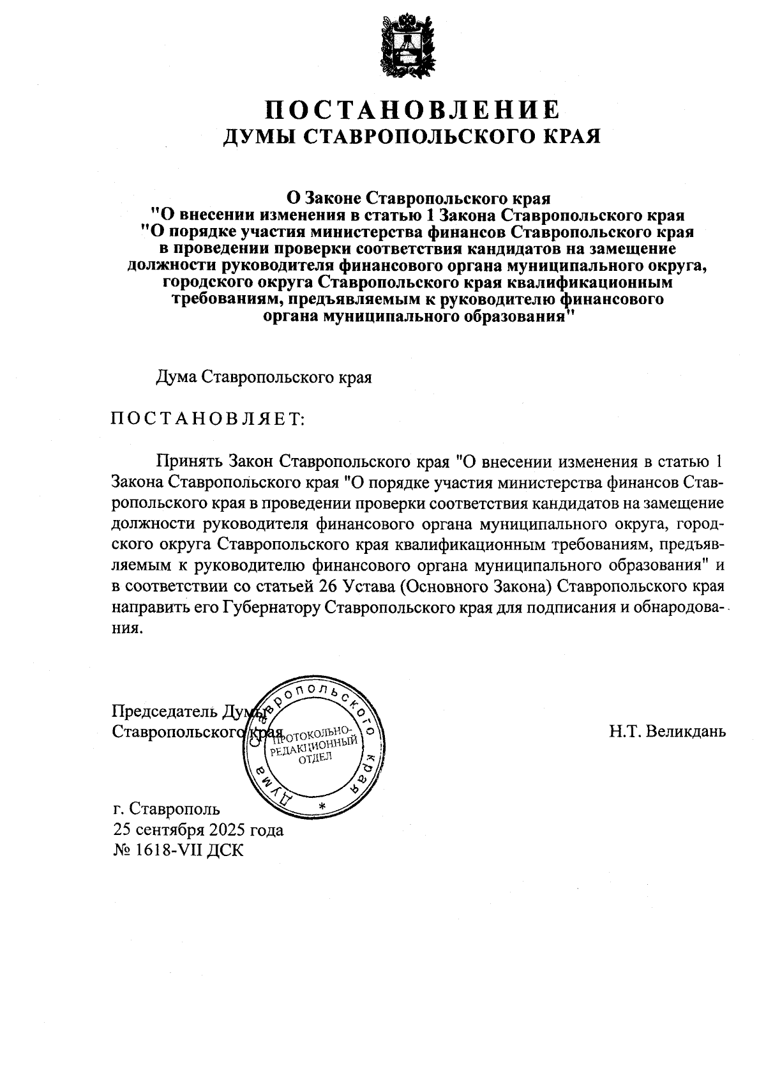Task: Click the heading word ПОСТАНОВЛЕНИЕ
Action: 412,109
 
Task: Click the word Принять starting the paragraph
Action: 188,461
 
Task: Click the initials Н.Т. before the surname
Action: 625,731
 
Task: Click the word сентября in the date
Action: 167,830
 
